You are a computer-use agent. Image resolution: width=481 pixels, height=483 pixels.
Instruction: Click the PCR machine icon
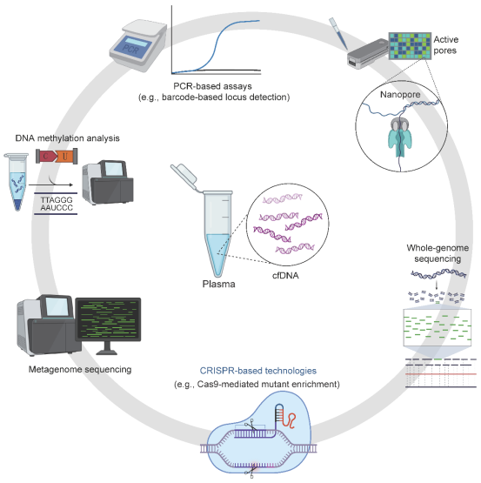pos(138,45)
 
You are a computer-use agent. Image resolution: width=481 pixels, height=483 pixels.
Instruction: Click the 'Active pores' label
pos(445,45)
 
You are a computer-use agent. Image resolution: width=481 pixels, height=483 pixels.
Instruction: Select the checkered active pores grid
pos(410,46)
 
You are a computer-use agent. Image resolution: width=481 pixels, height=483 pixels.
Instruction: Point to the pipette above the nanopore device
pos(337,33)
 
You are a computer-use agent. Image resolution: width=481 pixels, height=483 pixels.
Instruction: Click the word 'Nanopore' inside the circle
pos(400,95)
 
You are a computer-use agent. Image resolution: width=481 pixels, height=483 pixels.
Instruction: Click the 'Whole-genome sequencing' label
pos(438,253)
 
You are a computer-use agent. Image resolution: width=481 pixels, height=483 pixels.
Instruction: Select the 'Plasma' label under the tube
pos(218,284)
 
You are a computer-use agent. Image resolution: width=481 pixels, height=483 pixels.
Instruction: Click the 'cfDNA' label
pos(285,275)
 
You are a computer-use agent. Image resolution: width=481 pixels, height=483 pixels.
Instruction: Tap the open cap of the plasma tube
pos(184,177)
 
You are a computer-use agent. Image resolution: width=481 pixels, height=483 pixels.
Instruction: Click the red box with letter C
pos(46,156)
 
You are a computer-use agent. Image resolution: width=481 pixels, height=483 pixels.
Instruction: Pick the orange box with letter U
pos(66,156)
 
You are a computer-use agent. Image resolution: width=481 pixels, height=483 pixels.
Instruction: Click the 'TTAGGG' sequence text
pos(57,200)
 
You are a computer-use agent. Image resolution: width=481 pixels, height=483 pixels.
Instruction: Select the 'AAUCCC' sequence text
pos(57,208)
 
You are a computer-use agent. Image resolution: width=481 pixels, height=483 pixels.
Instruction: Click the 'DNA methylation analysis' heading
pos(68,138)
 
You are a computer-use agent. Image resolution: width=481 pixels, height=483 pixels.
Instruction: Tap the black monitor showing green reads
pos(108,319)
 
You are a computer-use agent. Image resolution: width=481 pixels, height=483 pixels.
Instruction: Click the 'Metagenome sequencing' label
pos(80,369)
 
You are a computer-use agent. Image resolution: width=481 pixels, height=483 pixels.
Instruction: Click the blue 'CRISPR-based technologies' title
pos(258,371)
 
